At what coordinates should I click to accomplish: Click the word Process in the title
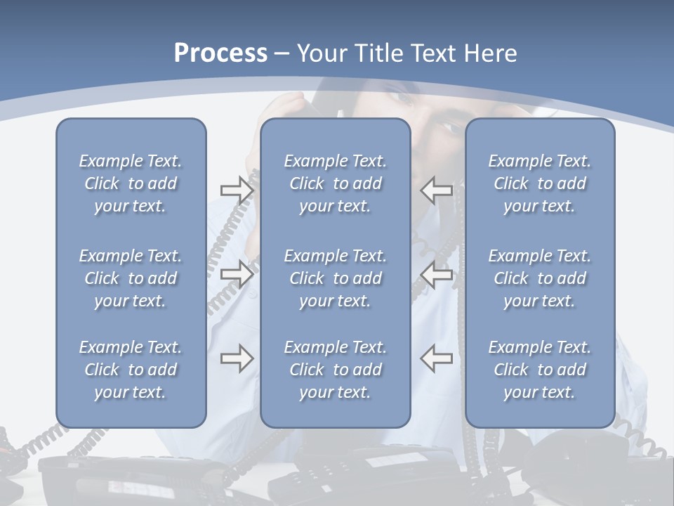[220, 53]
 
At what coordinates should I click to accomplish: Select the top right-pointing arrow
[237, 190]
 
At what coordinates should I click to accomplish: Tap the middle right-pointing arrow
[237, 274]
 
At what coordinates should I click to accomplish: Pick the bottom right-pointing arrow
[237, 358]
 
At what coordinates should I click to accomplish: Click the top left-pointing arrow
[436, 190]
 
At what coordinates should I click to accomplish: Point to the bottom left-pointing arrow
[436, 358]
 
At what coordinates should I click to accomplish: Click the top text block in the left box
[131, 183]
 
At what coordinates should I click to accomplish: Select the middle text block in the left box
[131, 278]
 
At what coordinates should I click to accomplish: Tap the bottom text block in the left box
[131, 370]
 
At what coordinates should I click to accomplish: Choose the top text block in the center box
[336, 183]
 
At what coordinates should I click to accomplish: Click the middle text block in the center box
[336, 278]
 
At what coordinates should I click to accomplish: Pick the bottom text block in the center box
[336, 370]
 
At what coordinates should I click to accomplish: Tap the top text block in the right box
[540, 183]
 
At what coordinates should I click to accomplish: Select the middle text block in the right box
[540, 278]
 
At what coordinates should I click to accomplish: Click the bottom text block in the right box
[540, 370]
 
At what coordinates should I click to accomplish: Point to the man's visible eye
[449, 129]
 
